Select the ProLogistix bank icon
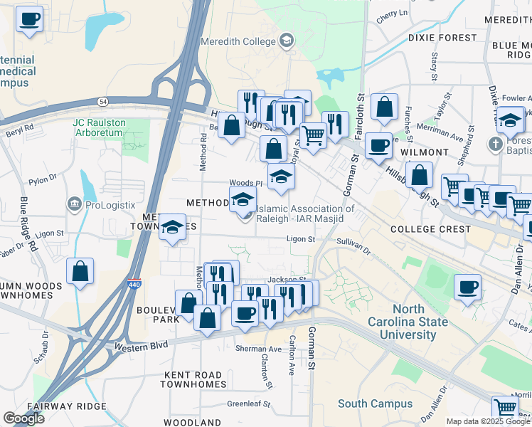(74, 206)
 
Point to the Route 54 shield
(104, 101)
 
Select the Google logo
(23, 418)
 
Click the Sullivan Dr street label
(353, 247)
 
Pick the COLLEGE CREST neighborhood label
(430, 229)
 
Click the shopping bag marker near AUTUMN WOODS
(80, 271)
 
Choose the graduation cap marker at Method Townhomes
(171, 228)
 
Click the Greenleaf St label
(249, 404)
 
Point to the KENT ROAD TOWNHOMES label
(192, 379)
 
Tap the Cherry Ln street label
(393, 14)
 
